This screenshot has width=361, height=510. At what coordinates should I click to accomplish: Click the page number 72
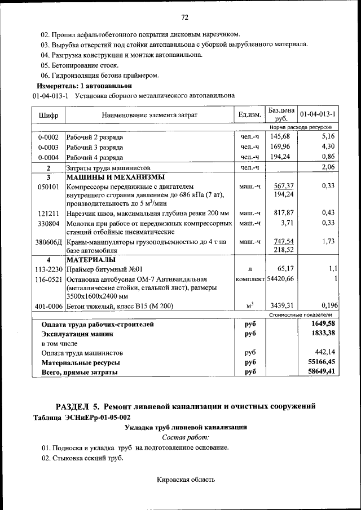[x=184, y=16]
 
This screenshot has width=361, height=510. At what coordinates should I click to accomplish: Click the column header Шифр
[x=48, y=115]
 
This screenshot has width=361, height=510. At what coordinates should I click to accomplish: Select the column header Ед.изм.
[x=249, y=115]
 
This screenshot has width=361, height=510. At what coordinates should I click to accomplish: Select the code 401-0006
[x=48, y=307]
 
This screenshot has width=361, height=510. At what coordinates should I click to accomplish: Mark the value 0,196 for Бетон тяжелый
[x=326, y=306]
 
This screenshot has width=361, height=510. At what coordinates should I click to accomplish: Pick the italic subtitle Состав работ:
[x=186, y=437]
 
